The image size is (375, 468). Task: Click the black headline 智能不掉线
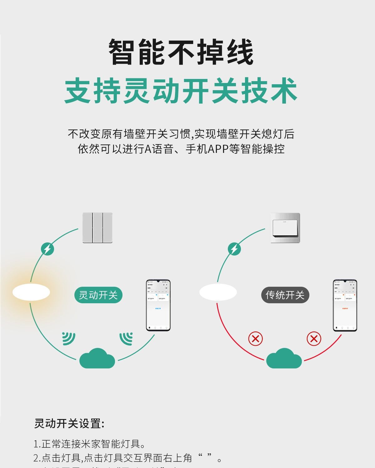click(181, 52)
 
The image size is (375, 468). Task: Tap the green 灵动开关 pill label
click(98, 295)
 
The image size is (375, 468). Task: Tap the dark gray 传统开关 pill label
click(285, 295)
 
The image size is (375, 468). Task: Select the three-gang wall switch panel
click(97, 228)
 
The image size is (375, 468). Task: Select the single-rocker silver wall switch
click(285, 228)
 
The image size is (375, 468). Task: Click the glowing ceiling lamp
click(31, 292)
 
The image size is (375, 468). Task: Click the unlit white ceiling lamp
click(218, 292)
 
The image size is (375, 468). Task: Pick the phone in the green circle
click(158, 305)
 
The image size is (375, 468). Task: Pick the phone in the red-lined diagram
click(345, 305)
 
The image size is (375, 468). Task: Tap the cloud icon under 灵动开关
click(97, 359)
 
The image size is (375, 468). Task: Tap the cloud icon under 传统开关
click(284, 359)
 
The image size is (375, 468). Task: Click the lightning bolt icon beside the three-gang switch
click(47, 249)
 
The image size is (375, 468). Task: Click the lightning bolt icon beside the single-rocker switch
click(234, 249)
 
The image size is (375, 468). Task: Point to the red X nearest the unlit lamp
click(255, 339)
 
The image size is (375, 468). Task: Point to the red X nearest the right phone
click(314, 339)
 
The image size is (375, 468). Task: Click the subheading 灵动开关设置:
click(69, 423)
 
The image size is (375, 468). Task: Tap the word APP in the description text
click(218, 149)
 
